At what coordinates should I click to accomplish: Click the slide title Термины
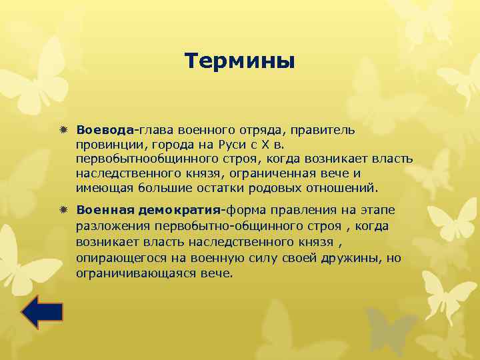239,61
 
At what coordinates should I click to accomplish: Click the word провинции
105,143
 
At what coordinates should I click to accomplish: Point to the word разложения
109,227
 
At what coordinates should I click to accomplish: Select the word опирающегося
118,258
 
